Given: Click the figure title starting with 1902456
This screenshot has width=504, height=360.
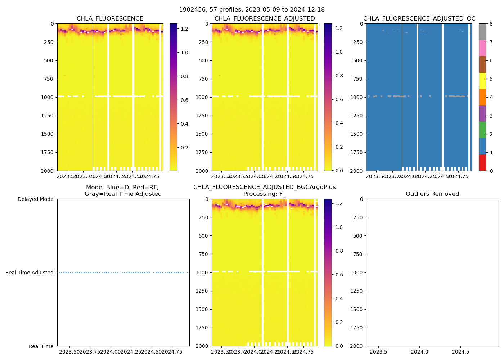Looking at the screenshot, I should (252, 10).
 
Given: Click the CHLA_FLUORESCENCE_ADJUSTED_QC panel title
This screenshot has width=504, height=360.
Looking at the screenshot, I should (419, 19).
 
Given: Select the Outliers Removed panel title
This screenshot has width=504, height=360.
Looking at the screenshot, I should (432, 194).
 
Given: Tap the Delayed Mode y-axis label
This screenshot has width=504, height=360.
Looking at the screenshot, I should (35, 199).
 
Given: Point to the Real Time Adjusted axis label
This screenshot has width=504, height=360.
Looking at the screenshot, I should (30, 273).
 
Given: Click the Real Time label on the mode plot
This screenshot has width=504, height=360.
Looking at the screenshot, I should (41, 346).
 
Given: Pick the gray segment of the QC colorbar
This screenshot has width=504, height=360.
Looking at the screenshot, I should (482, 32).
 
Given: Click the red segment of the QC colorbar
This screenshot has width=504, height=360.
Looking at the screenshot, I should (482, 162).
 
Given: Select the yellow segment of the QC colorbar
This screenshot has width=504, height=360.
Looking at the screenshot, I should (482, 81).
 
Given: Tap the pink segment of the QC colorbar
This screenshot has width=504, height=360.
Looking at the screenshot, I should (482, 48).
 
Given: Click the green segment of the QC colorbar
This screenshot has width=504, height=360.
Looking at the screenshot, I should (482, 130).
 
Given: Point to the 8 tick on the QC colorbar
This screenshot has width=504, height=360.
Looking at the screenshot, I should (491, 24).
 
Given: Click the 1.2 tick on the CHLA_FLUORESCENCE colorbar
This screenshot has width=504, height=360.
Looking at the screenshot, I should (184, 28).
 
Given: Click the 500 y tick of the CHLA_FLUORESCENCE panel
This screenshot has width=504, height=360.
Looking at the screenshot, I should (49, 60).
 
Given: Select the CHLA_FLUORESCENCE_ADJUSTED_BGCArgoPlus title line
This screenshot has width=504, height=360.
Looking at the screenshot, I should (264, 187).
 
